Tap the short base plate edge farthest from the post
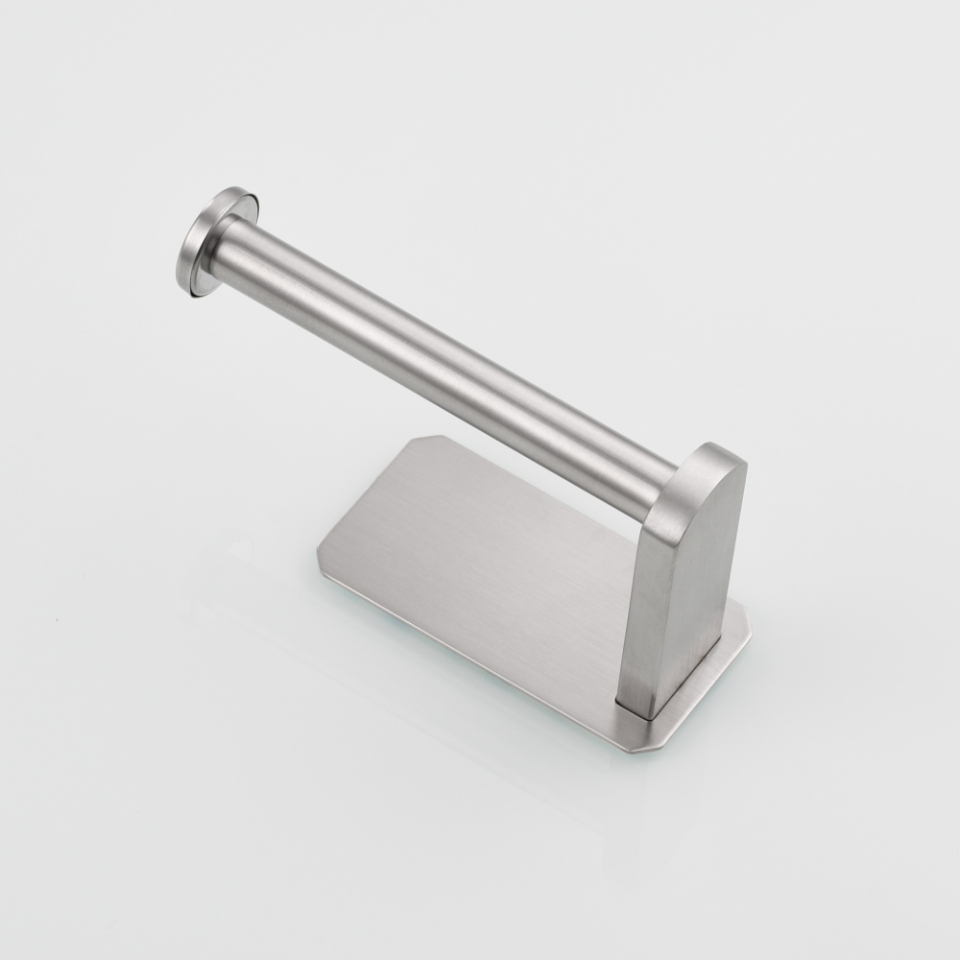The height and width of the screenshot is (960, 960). (x=370, y=499)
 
